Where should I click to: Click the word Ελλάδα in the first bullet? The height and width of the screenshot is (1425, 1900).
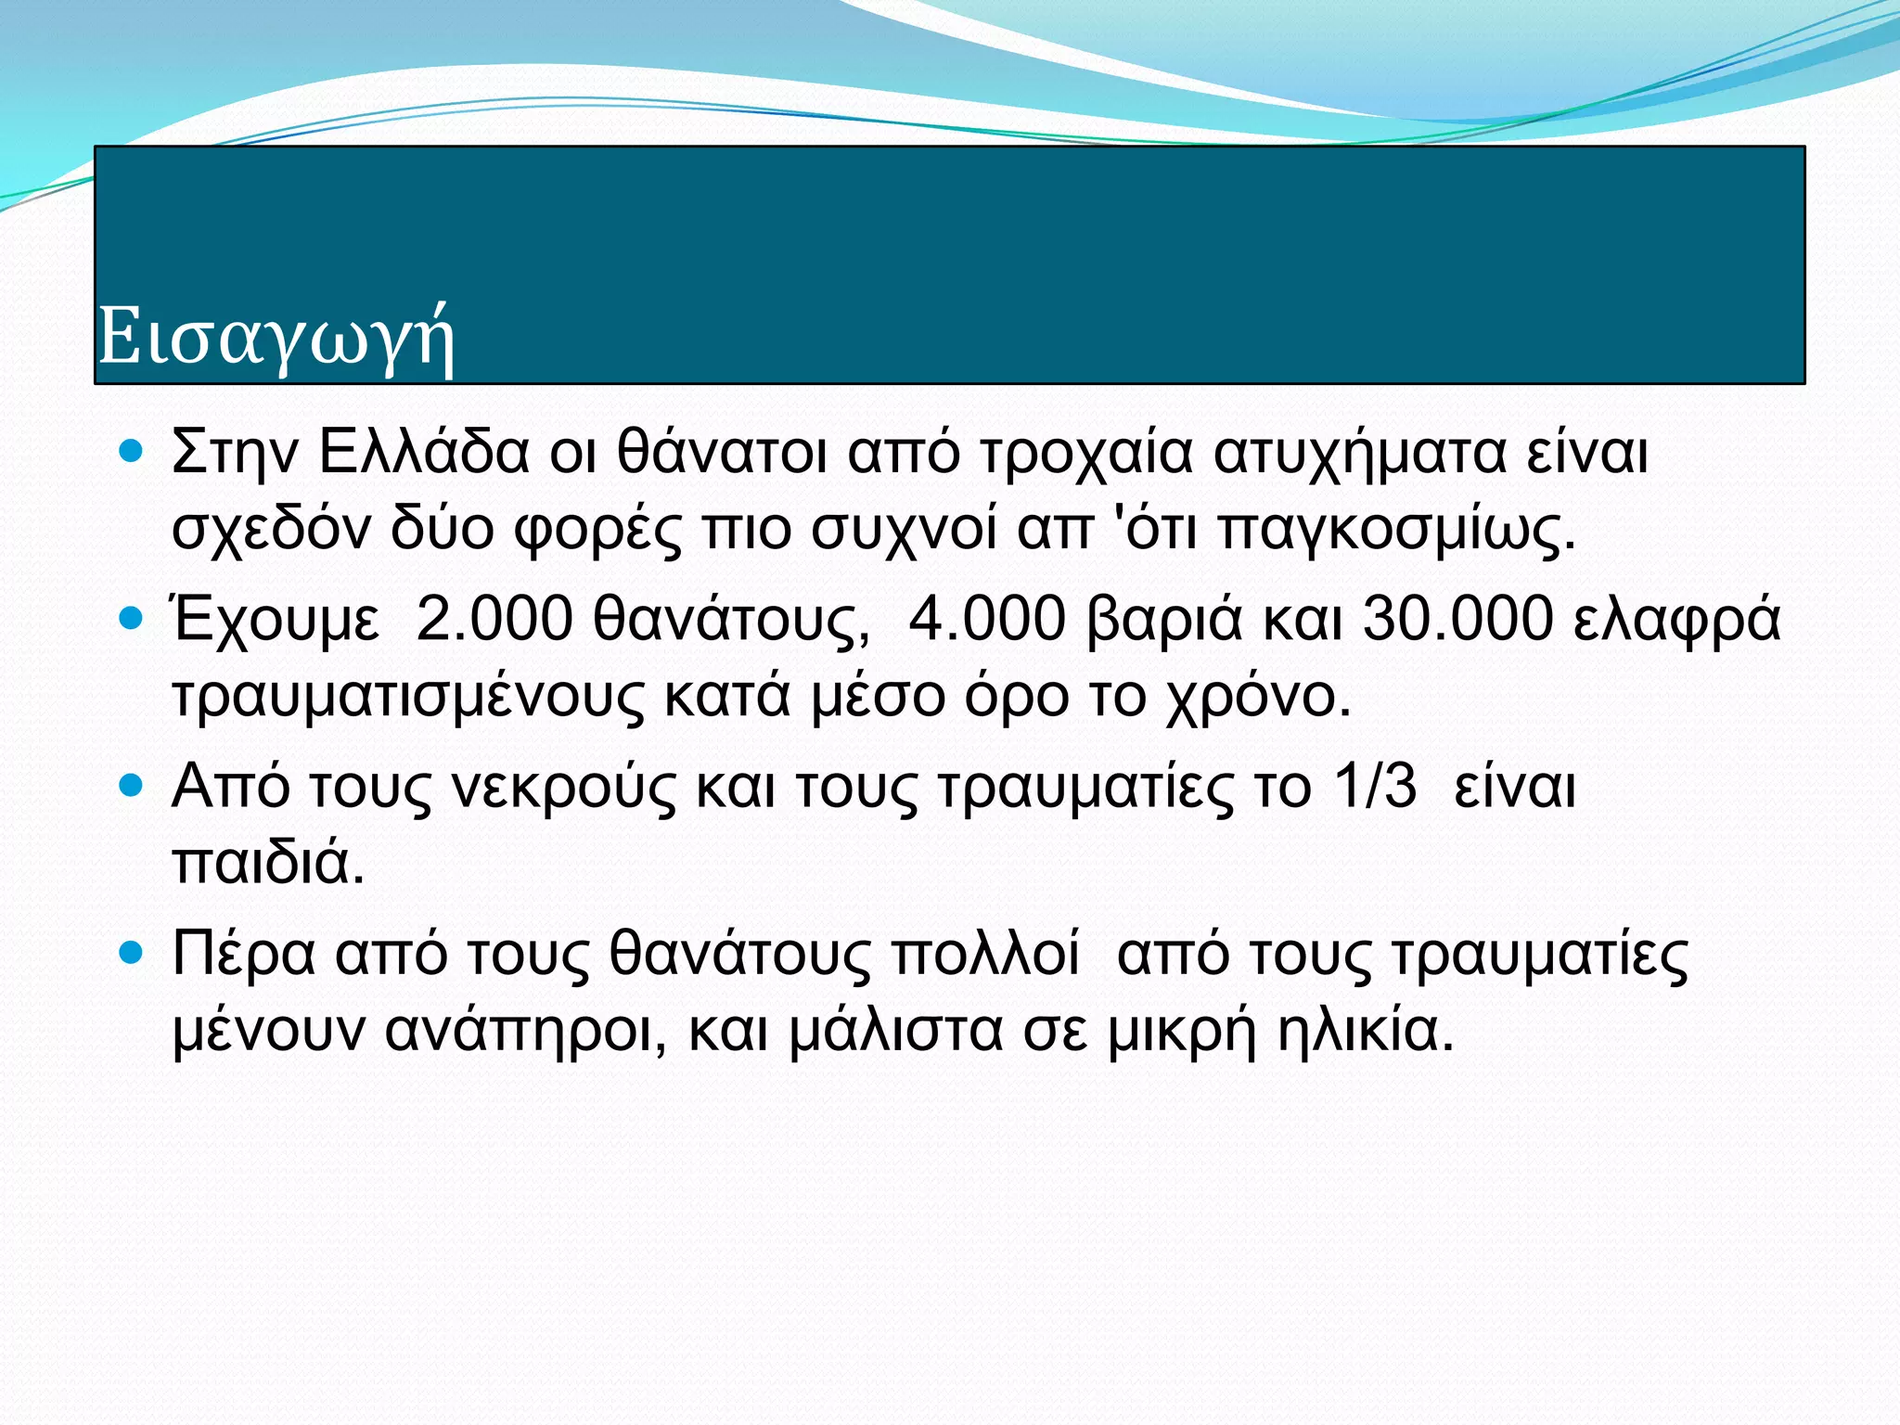click(424, 453)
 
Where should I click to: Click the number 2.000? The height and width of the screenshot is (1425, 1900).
click(494, 619)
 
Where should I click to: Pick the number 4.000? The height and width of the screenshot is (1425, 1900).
click(987, 619)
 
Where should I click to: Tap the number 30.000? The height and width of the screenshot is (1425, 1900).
click(1457, 619)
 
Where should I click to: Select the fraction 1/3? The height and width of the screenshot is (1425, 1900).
click(1375, 787)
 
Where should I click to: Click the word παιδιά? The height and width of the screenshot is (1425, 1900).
click(268, 863)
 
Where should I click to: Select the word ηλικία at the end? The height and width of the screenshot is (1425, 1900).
click(1365, 1031)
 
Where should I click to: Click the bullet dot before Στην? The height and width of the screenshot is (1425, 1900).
click(133, 452)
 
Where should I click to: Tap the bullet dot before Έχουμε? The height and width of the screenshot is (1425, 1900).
click(133, 619)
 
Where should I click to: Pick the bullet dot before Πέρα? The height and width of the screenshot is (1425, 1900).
click(133, 953)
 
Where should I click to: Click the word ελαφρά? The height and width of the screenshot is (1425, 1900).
click(1677, 621)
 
